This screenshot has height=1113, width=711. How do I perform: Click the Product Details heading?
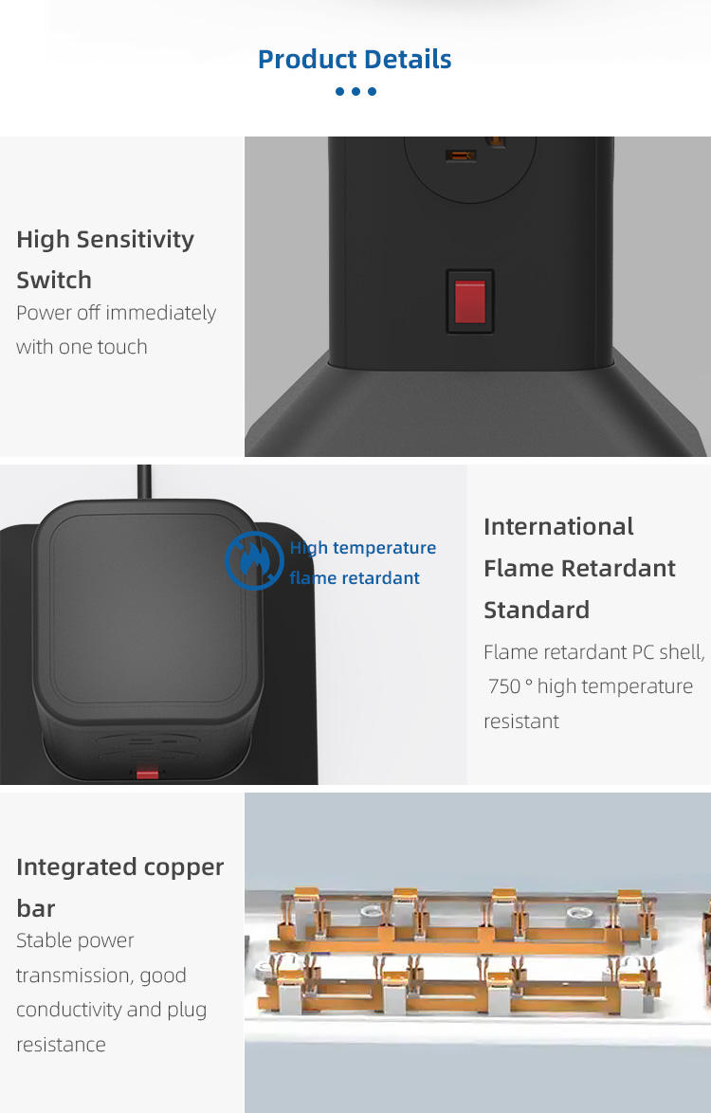pos(355,59)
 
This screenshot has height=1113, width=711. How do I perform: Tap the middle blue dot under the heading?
pos(356,91)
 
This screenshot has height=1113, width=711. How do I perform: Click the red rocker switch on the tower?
pos(470,301)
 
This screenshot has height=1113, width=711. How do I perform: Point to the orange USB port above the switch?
pos(460,155)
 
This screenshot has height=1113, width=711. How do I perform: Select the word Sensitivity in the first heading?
pos(135,240)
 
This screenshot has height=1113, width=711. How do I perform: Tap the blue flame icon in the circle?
pos(254,560)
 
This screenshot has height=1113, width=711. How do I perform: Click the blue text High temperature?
pos(362,548)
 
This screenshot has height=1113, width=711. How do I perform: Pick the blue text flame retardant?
pos(355,577)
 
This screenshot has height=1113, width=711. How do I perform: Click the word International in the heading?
pos(558,527)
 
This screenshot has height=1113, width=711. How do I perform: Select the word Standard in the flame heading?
pos(537,611)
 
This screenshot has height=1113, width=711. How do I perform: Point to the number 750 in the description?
pos(504,686)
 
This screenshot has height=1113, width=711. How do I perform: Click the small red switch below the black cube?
pos(148,773)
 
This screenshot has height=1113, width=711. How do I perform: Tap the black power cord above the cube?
pos(144,483)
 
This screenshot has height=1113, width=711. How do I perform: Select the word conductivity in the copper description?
pos(69,1010)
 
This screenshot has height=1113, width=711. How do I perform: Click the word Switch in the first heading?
pos(54,281)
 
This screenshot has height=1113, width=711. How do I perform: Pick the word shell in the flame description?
pos(682,651)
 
